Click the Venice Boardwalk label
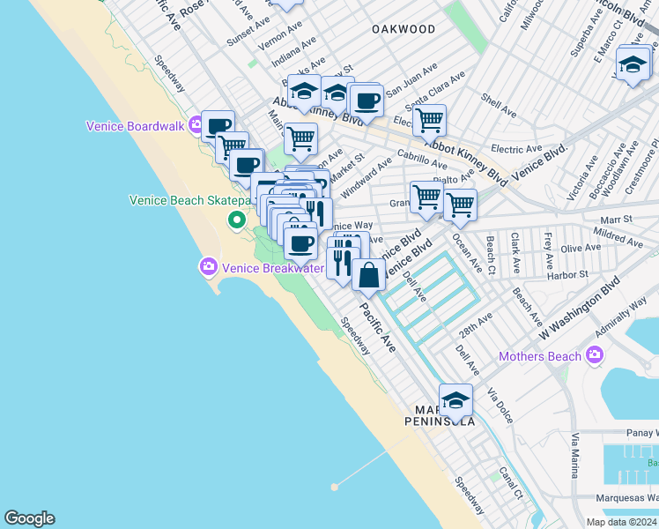click(135, 126)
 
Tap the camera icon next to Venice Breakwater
click(209, 265)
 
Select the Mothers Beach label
click(539, 356)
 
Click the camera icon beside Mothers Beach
click(595, 355)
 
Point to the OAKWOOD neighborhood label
click(404, 29)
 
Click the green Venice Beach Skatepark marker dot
click(236, 220)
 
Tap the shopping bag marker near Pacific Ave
click(368, 275)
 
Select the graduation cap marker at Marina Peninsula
click(455, 400)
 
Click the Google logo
click(29, 518)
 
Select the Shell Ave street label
click(499, 107)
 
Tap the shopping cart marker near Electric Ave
click(429, 119)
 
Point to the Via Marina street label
click(575, 455)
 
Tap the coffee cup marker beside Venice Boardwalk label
click(218, 125)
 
